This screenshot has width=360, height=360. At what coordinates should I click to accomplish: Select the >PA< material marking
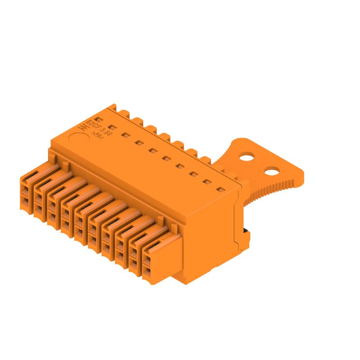tap(97, 137)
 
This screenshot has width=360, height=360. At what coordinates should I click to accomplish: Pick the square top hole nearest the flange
tap(221, 190)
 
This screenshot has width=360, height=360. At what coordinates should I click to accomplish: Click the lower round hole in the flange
tap(271, 171)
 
